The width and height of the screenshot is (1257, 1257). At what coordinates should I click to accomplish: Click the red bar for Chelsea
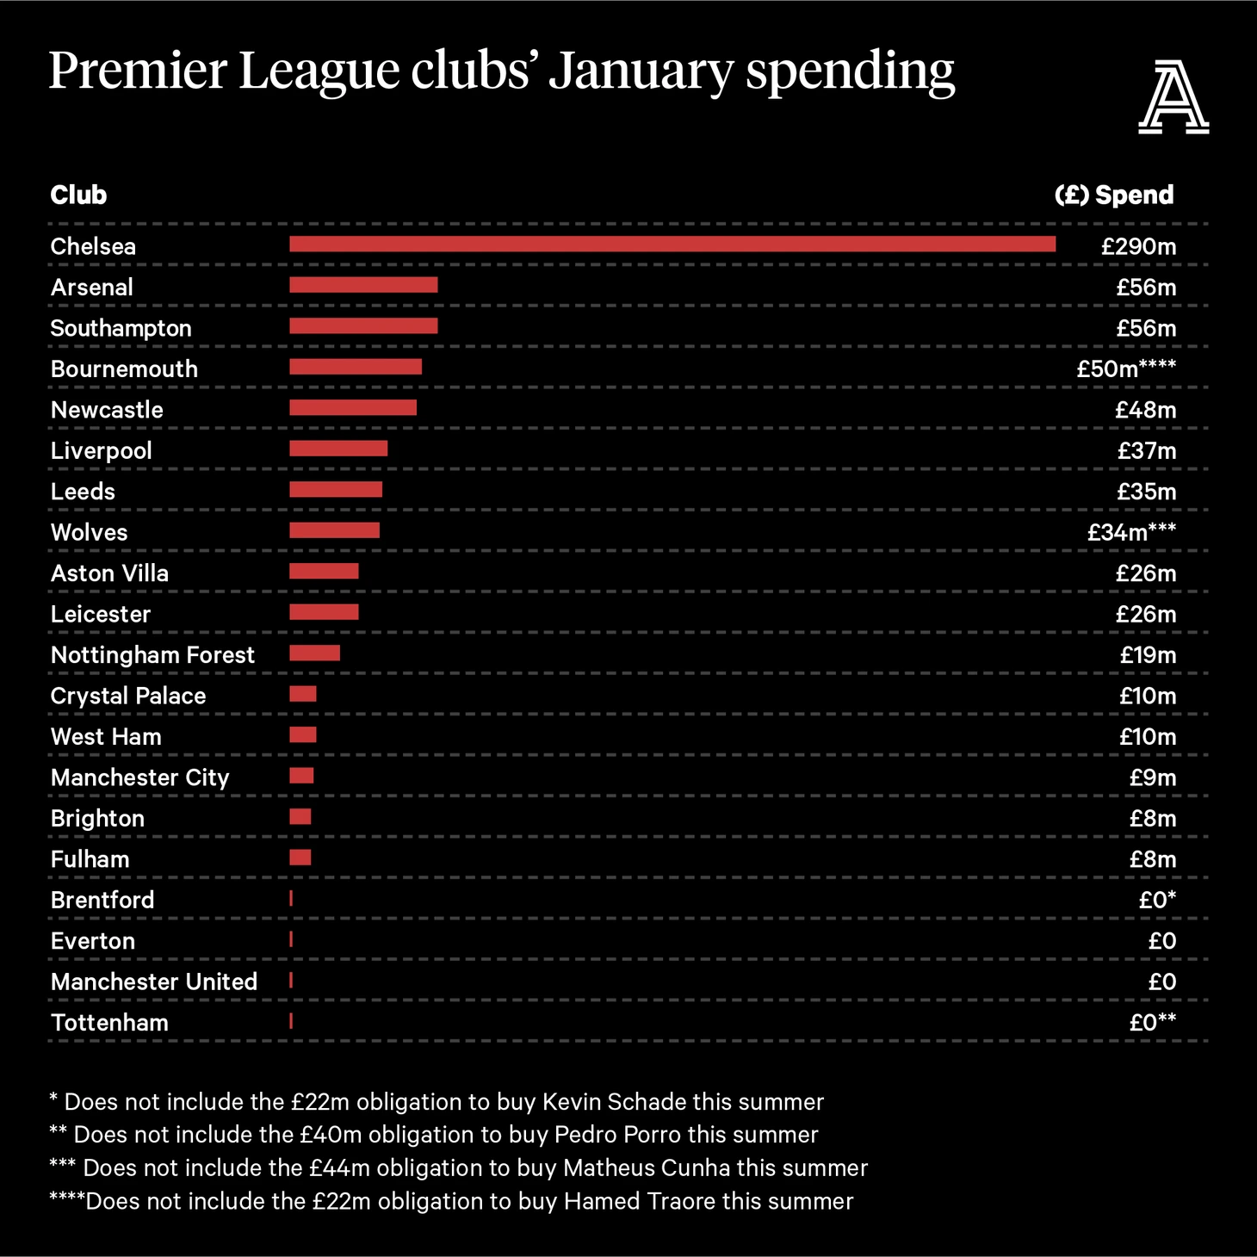tap(672, 245)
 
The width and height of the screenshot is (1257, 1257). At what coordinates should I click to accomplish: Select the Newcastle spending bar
tap(353, 408)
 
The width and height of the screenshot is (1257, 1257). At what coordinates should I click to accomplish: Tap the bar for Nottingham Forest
tap(314, 653)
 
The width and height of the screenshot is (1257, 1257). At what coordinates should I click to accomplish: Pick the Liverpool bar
tap(338, 449)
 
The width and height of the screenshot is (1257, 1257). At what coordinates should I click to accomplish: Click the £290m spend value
tap(1138, 247)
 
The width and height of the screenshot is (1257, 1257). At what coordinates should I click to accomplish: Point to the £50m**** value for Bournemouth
tap(1125, 369)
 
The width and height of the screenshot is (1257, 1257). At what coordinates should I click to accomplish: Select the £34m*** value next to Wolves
tap(1130, 533)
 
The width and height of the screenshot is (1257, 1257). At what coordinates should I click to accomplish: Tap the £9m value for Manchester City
tap(1152, 778)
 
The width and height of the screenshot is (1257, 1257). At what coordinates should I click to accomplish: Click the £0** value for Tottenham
tap(1152, 1023)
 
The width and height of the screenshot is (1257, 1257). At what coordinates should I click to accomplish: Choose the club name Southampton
tap(121, 329)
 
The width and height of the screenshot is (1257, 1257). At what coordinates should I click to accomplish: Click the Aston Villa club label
tap(109, 573)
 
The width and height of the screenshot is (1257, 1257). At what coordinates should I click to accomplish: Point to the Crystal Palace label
tap(128, 697)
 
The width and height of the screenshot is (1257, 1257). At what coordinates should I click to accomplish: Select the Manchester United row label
tap(154, 982)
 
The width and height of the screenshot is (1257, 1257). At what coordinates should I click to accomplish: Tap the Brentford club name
tap(102, 901)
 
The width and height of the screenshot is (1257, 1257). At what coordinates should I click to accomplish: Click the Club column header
tap(78, 195)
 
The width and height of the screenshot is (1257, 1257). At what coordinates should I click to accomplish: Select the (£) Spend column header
tap(1113, 195)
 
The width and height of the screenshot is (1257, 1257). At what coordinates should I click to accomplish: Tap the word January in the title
tap(641, 71)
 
